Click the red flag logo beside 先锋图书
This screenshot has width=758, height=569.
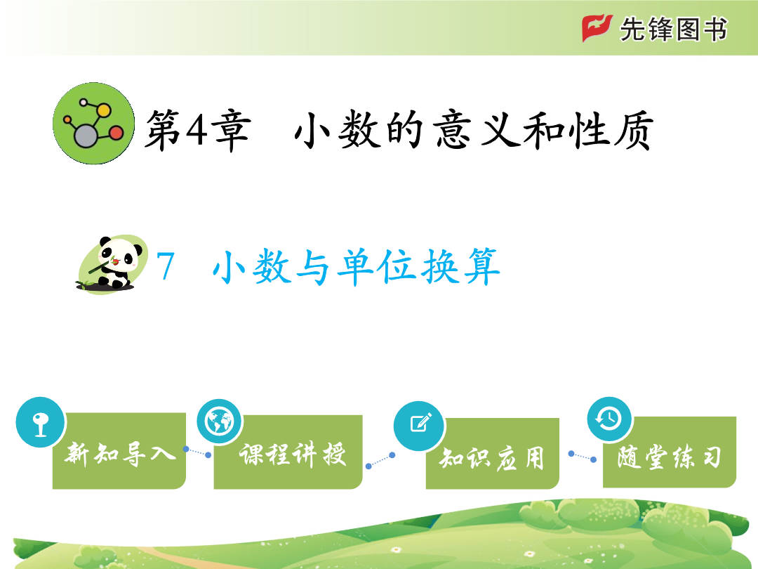pos(597,28)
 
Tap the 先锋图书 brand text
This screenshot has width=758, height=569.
pos(673,29)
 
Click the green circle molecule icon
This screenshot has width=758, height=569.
pos(94,124)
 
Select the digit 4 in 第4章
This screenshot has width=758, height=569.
pos(197,130)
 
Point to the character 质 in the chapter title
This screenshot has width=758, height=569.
pos(634,130)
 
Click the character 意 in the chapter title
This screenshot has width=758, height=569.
pos(453,130)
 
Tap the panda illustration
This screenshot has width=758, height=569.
pos(112,264)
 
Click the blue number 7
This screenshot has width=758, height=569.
pos(166,266)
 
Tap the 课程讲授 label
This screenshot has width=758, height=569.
pos(293,454)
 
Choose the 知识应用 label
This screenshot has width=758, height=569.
pos(491,457)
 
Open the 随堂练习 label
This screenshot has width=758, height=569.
pos(669,457)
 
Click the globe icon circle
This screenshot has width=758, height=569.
pos(220,421)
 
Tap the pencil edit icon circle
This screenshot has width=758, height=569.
pos(419,425)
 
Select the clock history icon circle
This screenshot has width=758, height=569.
pos(610,419)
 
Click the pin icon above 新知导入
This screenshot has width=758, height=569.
pos(41,422)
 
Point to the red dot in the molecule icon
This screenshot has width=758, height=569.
pos(117,133)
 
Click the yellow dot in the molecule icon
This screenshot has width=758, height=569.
pos(103,110)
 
